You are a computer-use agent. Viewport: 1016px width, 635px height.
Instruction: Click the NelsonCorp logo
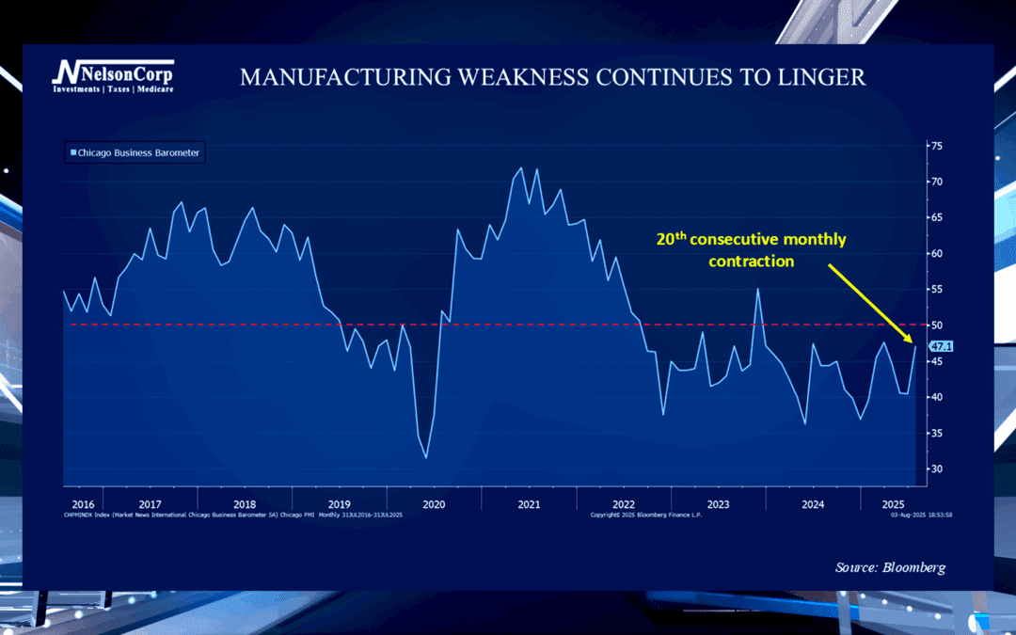[112, 75]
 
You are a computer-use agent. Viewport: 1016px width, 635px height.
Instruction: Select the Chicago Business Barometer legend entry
[135, 152]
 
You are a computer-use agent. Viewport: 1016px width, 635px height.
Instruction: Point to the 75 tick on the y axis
[936, 146]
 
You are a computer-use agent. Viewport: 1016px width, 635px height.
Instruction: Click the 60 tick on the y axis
[936, 253]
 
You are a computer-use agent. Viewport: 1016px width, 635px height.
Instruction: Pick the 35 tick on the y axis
[936, 433]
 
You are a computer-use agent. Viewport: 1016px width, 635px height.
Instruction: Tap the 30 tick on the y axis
[936, 468]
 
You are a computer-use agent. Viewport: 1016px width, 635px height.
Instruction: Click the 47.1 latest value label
[940, 346]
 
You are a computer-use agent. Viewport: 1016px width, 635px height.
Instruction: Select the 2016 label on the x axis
[83, 504]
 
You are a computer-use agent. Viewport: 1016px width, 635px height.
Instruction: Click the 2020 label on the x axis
[434, 504]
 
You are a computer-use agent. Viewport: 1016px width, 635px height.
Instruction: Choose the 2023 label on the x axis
[718, 504]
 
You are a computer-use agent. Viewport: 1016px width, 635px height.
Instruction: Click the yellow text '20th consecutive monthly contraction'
[751, 250]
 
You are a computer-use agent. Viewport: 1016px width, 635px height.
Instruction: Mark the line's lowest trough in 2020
[426, 458]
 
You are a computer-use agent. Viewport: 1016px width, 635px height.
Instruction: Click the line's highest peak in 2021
[520, 168]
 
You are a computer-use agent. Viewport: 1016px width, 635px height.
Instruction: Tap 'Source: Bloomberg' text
[890, 567]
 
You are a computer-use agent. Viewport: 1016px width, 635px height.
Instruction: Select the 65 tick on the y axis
[936, 217]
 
